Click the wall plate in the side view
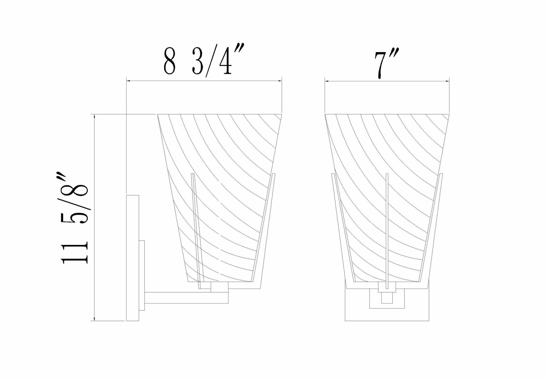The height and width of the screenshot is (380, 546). click(133, 258)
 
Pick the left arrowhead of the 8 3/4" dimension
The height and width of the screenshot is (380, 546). click(129, 81)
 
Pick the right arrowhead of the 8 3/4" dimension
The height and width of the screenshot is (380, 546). click(279, 81)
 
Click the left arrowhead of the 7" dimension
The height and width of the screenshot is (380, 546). click(327, 81)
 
